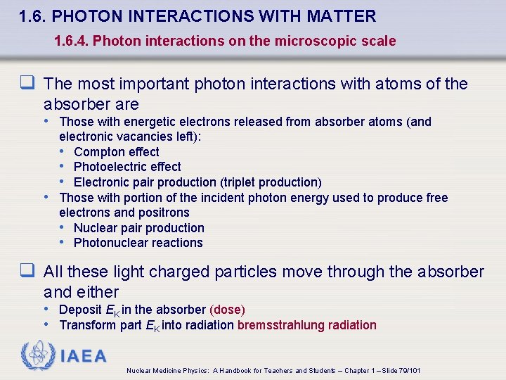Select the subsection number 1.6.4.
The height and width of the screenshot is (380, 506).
click(x=71, y=42)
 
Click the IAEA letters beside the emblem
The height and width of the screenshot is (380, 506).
click(x=83, y=356)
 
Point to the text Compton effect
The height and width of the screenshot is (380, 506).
click(x=116, y=152)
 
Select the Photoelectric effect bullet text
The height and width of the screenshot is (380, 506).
click(x=127, y=167)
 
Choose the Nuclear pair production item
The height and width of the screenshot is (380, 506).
click(x=138, y=228)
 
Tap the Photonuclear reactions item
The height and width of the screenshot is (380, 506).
click(x=138, y=243)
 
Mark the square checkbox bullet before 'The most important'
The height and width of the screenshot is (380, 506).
click(x=29, y=84)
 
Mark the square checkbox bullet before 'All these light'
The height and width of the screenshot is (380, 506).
click(x=29, y=272)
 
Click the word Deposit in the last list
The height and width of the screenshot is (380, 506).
click(x=80, y=310)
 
